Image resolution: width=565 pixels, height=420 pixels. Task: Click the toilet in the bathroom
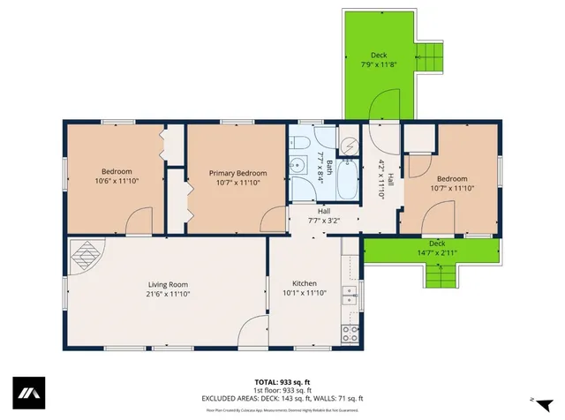pyautogui.click(x=299, y=143)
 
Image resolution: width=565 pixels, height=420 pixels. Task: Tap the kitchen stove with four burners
pyautogui.click(x=350, y=334)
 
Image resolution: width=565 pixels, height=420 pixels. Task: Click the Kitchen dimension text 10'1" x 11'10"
pyautogui.click(x=305, y=293)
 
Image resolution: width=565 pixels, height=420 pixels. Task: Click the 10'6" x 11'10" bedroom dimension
pyautogui.click(x=117, y=181)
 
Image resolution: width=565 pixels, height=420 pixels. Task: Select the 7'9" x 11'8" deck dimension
pyautogui.click(x=378, y=64)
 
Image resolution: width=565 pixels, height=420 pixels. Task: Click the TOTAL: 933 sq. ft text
pyautogui.click(x=282, y=381)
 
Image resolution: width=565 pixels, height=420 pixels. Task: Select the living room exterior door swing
pyautogui.click(x=252, y=332)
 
